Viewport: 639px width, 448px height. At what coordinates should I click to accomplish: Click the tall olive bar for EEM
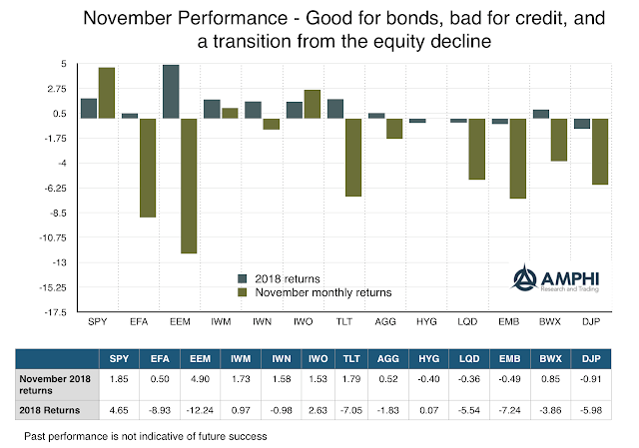click(x=187, y=186)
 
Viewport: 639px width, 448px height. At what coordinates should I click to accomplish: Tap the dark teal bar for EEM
click(x=171, y=92)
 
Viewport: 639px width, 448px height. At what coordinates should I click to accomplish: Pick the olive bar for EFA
click(x=146, y=168)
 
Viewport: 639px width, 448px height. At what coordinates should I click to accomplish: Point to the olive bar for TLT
click(x=351, y=158)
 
